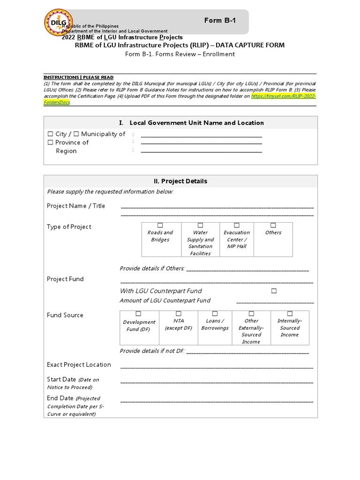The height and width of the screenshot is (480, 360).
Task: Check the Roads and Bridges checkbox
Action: click(x=160, y=225)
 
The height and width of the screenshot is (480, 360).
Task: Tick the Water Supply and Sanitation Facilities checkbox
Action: click(x=200, y=225)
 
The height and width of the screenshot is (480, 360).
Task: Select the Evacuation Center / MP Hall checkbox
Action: click(x=237, y=225)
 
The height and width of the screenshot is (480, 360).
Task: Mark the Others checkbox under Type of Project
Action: click(x=273, y=225)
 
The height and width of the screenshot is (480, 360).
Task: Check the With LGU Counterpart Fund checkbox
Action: click(x=274, y=291)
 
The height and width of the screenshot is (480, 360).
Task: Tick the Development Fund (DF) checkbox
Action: click(x=139, y=314)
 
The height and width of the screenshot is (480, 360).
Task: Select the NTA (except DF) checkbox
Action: click(x=179, y=314)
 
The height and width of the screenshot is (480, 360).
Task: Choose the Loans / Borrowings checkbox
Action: click(x=215, y=314)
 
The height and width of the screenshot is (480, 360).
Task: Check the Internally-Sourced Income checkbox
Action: click(x=290, y=314)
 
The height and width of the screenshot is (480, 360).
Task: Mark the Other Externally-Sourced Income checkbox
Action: click(x=251, y=314)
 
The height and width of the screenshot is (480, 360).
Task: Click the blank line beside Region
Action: click(x=202, y=151)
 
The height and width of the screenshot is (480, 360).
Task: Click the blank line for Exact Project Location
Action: click(x=217, y=367)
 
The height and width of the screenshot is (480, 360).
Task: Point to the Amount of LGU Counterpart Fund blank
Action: click(x=275, y=302)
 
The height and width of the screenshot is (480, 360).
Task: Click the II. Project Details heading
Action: click(x=180, y=181)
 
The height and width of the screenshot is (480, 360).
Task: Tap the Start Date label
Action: click(x=61, y=379)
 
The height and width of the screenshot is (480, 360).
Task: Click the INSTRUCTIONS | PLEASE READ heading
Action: click(x=78, y=77)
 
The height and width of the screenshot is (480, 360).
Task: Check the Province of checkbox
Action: click(x=51, y=142)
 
